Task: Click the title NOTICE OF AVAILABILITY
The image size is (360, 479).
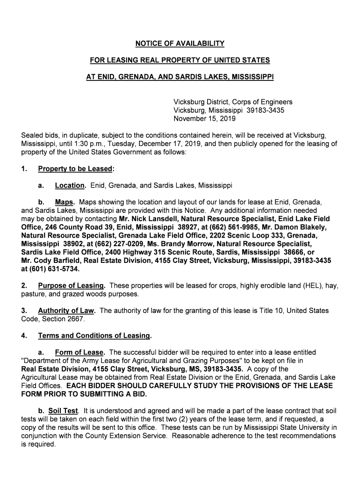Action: point(180,44)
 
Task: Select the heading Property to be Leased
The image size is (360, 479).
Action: point(75,169)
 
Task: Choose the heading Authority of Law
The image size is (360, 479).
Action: point(66,311)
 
